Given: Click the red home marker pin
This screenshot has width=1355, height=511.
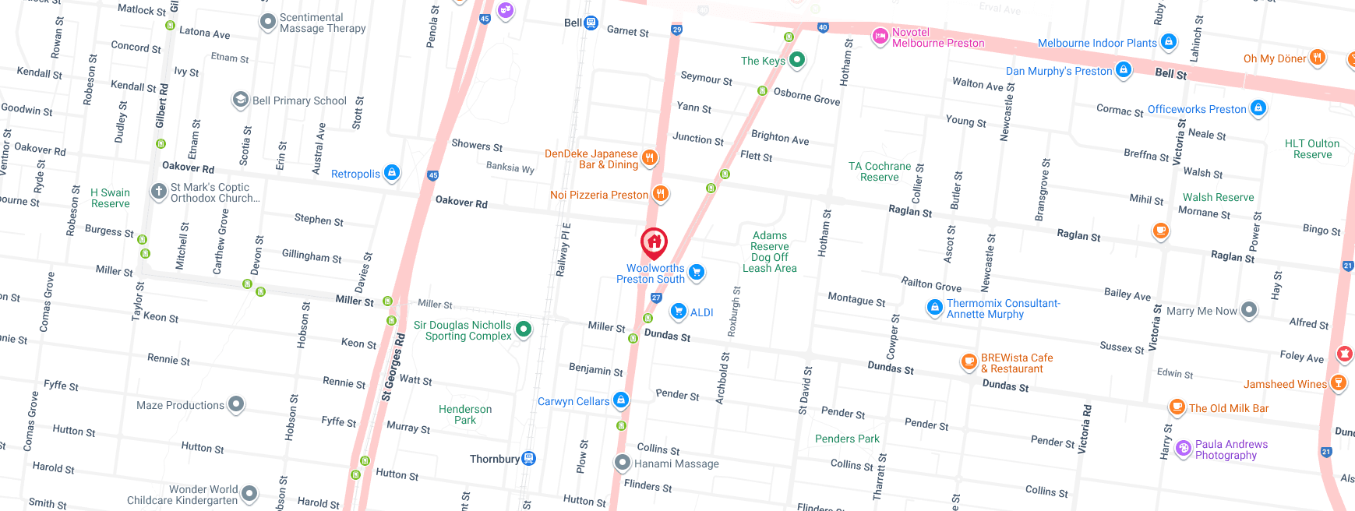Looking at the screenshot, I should (655, 242).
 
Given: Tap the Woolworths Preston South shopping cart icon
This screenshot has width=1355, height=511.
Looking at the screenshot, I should (697, 272).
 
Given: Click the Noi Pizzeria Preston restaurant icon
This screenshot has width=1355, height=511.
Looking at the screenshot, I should (660, 193).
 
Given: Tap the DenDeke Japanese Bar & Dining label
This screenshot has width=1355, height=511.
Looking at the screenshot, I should (591, 159).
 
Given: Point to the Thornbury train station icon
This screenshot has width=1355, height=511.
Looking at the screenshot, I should (528, 458).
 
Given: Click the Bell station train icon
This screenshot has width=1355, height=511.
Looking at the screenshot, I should (591, 23).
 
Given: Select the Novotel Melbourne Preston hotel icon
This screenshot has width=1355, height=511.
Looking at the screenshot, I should (880, 35).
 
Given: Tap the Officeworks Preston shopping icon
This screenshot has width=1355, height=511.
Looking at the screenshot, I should (1258, 108).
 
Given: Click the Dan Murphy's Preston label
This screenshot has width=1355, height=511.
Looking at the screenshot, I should (1059, 71).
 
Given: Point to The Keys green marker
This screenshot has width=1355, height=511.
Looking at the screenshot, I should (796, 59).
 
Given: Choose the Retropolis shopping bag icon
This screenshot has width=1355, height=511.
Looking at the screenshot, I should (392, 172).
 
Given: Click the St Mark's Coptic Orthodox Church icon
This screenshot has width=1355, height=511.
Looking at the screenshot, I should (159, 191).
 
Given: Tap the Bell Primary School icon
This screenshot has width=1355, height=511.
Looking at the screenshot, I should (241, 100).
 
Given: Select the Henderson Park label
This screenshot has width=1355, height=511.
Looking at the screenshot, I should (465, 414).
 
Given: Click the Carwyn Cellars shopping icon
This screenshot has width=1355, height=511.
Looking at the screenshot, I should (620, 400).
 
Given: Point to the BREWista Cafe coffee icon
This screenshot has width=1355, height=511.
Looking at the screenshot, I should (969, 361).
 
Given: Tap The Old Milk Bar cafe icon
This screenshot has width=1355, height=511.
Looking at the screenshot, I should (1177, 407).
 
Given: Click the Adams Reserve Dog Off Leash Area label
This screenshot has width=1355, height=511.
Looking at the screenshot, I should (769, 252).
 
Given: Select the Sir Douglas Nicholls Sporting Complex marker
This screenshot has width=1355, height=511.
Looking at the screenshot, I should (524, 330).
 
